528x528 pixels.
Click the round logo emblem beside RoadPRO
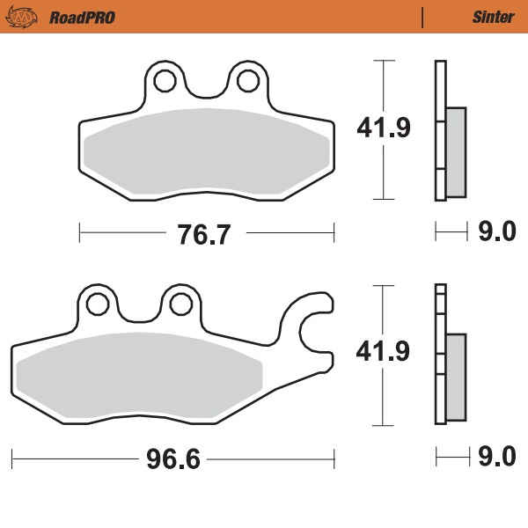point(30,17)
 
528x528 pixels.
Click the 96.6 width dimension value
point(175,459)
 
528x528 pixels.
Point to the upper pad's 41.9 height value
point(383,129)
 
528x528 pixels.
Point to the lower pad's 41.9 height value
point(383,352)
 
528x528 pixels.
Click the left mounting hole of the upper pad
point(164,82)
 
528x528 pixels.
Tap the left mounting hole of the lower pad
point(97,304)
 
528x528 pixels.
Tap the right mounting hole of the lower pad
point(181,304)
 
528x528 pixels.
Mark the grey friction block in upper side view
point(456,151)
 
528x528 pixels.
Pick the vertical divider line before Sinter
point(422,17)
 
